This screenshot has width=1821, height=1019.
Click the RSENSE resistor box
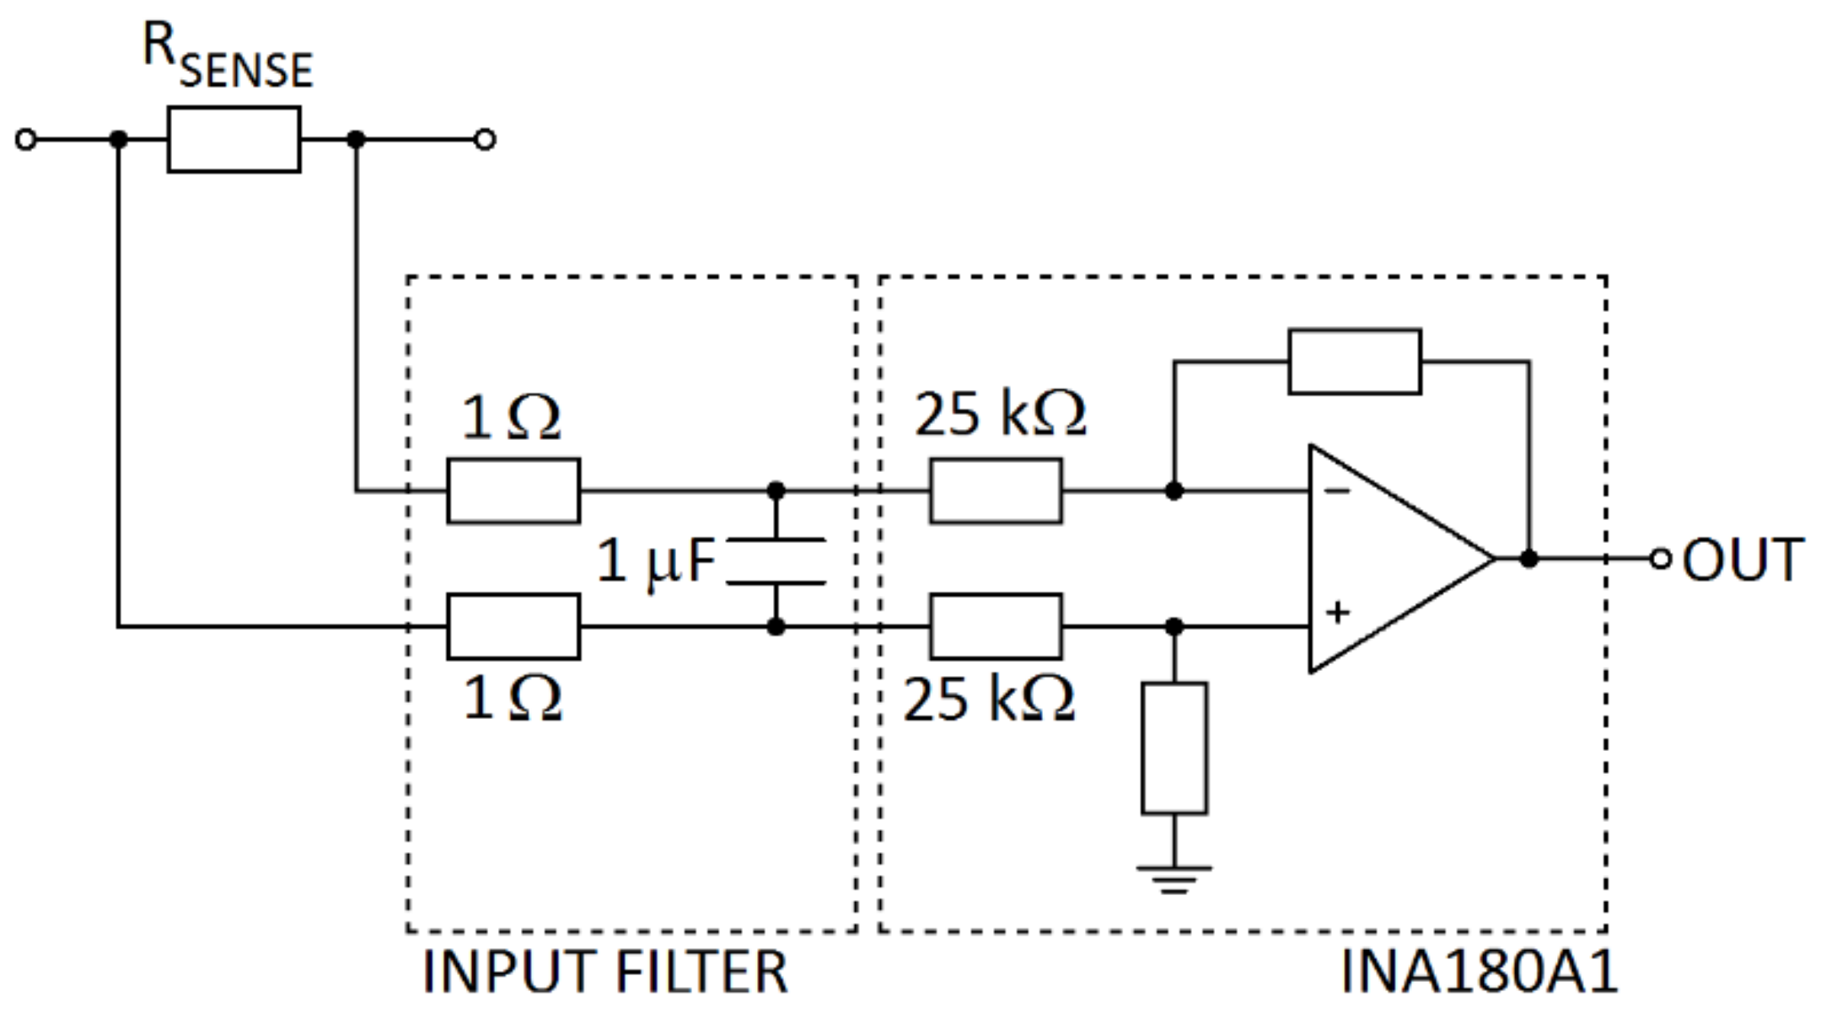[234, 139]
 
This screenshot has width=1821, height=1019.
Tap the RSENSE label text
[228, 56]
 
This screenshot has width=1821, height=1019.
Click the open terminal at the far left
[26, 139]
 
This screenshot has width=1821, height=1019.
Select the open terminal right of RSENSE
[485, 139]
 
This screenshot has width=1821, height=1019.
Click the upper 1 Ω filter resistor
[513, 491]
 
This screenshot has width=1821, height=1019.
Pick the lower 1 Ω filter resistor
[513, 626]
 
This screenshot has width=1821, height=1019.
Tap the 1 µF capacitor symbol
[776, 560]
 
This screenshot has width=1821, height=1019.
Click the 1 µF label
[656, 562]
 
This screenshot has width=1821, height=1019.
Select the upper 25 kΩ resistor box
[996, 491]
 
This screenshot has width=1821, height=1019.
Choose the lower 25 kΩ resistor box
[996, 626]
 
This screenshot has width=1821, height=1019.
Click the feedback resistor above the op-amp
[1354, 362]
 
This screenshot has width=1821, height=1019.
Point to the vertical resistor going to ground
[1174, 748]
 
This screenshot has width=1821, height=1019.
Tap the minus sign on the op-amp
[1338, 491]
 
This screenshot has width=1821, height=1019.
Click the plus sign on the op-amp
[1338, 612]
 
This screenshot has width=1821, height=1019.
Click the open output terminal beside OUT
[1660, 558]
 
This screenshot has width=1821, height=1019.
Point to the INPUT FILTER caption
[604, 972]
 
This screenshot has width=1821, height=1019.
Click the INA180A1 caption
[1479, 972]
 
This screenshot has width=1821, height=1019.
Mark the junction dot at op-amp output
[1528, 558]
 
